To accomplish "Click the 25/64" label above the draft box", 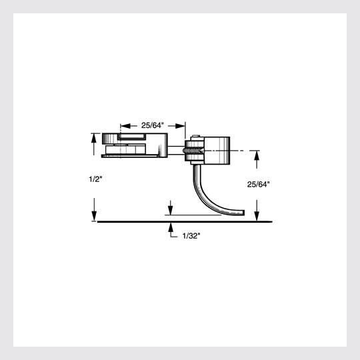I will [153, 125].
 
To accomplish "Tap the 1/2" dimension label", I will [95, 179].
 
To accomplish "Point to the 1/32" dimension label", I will [191, 236].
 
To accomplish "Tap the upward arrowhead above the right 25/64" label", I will [257, 155].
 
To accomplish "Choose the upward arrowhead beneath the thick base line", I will [171, 226].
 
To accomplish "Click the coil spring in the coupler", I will [190, 151].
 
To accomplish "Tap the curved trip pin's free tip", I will [241, 213].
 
